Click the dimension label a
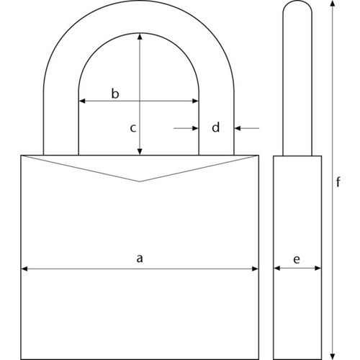(x=140, y=257)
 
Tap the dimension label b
(x=114, y=93)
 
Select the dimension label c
(x=132, y=128)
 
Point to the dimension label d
(x=215, y=128)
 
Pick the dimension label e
(x=297, y=258)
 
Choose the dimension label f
(x=338, y=182)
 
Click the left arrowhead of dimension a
(x=24, y=269)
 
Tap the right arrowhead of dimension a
(x=255, y=269)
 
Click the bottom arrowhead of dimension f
(x=333, y=355)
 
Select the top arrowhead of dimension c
(x=140, y=34)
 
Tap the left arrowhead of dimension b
(x=81, y=102)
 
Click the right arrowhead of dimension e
(x=318, y=269)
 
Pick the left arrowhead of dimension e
(x=277, y=269)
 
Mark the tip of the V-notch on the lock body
(x=140, y=181)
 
